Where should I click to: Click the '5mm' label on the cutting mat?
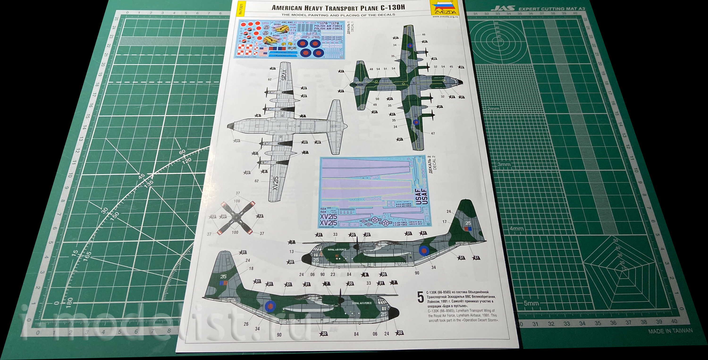click(531, 303)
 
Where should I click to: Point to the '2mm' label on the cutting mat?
click(493, 109)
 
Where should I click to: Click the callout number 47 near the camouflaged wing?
click(433, 133)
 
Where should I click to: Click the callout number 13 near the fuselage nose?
click(292, 251)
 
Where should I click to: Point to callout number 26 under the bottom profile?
click(246, 324)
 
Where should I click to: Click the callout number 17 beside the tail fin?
click(444, 222)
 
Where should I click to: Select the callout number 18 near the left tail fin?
click(251, 268)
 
